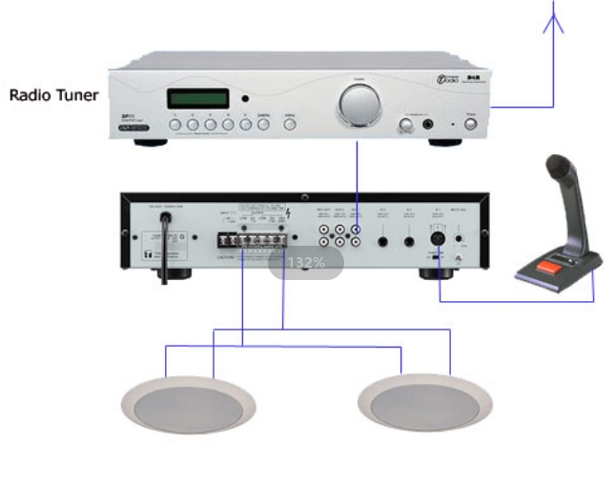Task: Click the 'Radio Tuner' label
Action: pos(54,95)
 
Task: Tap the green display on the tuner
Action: pos(198,98)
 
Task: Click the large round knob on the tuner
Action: pos(358,102)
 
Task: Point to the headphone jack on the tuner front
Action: pos(428,124)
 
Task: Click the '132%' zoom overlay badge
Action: pos(306,262)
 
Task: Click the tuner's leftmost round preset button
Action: pos(175,125)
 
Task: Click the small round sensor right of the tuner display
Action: pos(244,99)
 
